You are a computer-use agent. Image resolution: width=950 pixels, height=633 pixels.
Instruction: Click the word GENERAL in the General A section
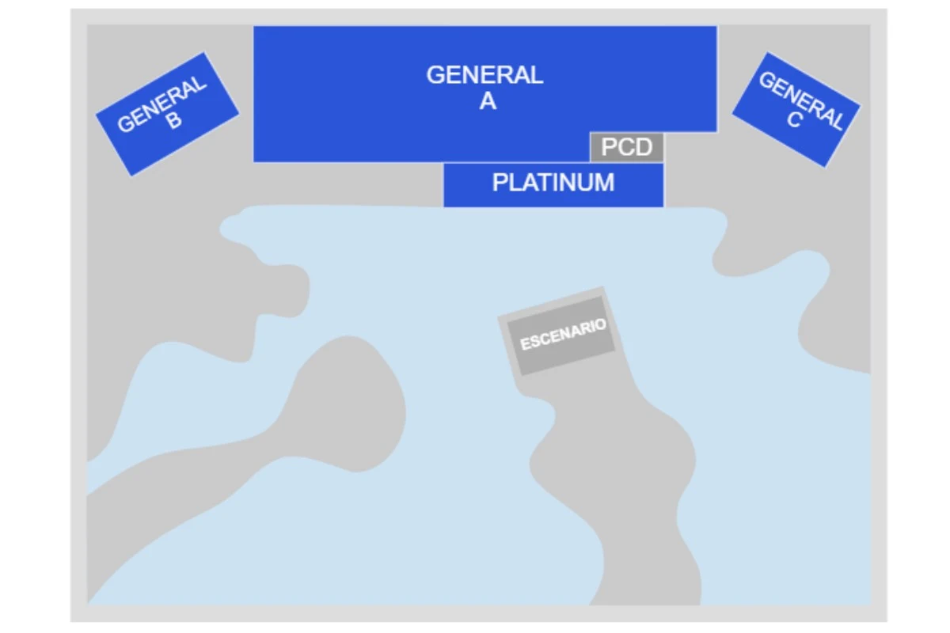pos(484,75)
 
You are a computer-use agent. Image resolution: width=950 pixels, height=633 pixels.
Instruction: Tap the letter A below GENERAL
pos(488,101)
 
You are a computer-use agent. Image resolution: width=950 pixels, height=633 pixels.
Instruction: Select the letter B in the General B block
pos(173,120)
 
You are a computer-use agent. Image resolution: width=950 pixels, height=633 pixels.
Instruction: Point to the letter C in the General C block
pos(794,119)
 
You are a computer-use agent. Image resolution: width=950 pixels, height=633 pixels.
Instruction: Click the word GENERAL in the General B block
pos(161,104)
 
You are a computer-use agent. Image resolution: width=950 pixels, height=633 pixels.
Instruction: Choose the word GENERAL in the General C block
pos(801,101)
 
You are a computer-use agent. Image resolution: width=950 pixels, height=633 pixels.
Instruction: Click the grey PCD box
pos(627,147)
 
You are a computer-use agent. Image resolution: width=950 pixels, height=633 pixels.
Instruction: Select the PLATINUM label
pos(553,183)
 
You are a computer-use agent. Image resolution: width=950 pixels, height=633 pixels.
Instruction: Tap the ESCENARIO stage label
pos(563,335)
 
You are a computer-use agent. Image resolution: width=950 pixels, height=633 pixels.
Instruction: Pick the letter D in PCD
pos(644,147)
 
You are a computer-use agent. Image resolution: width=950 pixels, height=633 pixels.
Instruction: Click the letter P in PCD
pos(609,147)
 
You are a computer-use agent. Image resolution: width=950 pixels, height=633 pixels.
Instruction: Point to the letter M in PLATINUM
pos(604,183)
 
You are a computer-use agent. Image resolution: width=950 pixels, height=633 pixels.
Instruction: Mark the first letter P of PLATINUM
pos(500,183)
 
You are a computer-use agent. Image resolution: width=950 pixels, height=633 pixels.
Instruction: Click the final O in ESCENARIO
pos(602,324)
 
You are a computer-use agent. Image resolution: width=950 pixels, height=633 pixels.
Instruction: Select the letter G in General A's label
pos(435,75)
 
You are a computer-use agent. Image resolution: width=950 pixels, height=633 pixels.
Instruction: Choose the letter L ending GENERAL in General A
pos(537,75)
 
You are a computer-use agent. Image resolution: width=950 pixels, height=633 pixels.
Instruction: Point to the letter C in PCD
pos(625,147)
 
